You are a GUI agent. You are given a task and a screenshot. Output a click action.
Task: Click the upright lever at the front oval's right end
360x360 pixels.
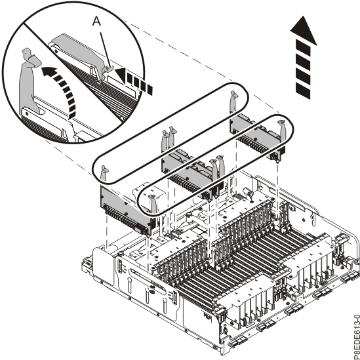pyautogui.click(x=281, y=132)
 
